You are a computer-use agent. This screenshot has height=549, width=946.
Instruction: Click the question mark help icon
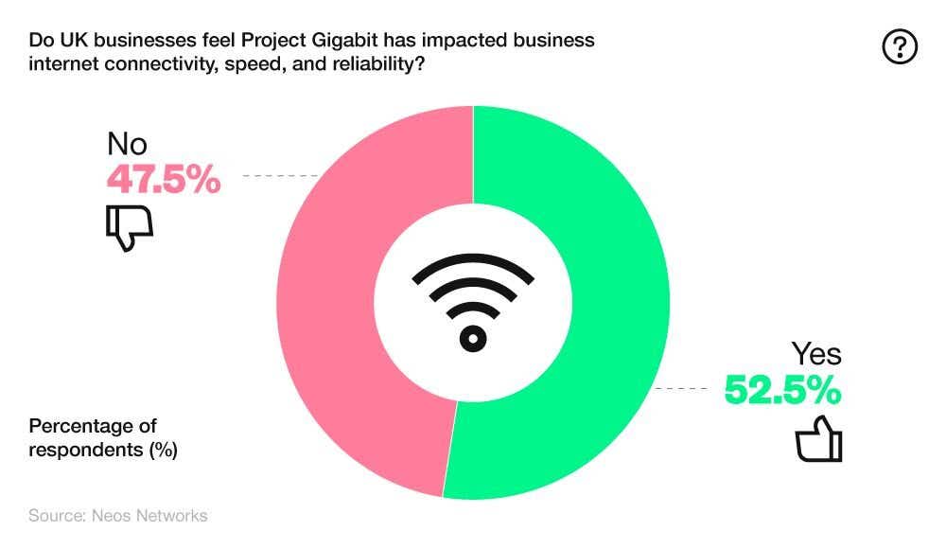(900, 46)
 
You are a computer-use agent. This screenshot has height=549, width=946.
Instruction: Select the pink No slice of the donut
(341, 303)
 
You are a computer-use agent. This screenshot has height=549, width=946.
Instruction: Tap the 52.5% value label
(782, 389)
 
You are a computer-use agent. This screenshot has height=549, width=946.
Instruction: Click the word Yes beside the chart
(815, 354)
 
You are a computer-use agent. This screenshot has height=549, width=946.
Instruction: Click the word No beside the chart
(128, 144)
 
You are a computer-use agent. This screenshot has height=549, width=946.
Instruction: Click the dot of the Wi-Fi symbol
(473, 338)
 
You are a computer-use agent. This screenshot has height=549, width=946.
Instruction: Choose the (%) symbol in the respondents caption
(163, 450)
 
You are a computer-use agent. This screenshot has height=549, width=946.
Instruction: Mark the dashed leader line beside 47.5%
(280, 176)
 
